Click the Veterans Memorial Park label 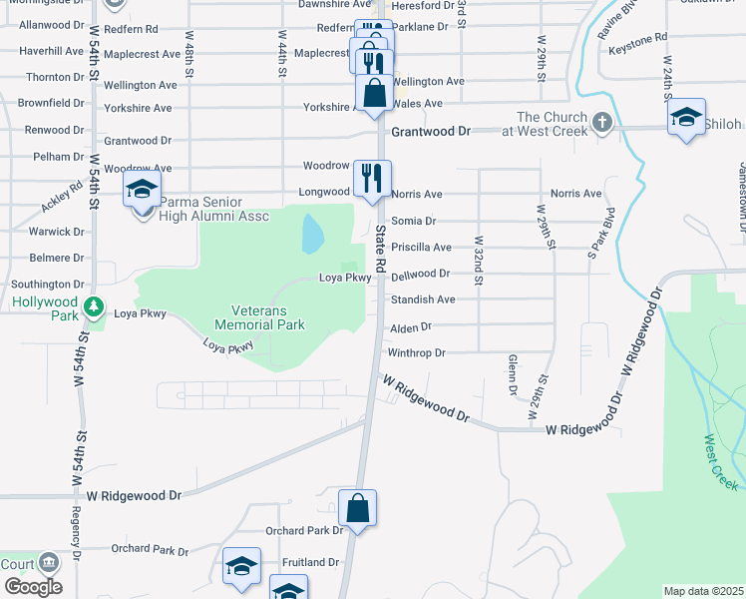pyautogui.click(x=260, y=316)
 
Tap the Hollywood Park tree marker pyautogui.click(x=93, y=306)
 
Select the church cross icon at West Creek pyautogui.click(x=600, y=123)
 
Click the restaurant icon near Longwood pyautogui.click(x=372, y=179)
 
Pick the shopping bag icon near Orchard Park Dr pyautogui.click(x=357, y=508)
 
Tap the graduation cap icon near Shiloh pyautogui.click(x=686, y=117)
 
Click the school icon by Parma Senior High pyautogui.click(x=142, y=188)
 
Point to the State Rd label pyautogui.click(x=380, y=243)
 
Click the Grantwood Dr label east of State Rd pyautogui.click(x=431, y=131)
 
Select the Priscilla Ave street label pyautogui.click(x=421, y=247)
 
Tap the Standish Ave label pyautogui.click(x=423, y=299)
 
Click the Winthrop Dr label pyautogui.click(x=416, y=352)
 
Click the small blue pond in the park pyautogui.click(x=312, y=234)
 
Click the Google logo pyautogui.click(x=32, y=587)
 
